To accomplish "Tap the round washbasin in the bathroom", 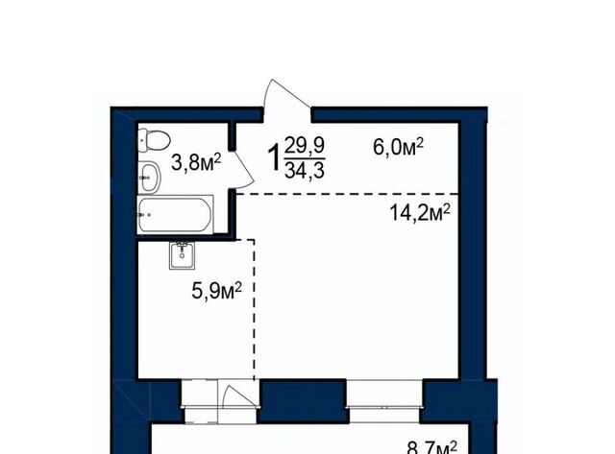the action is (150, 178).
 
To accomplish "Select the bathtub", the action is (175, 214).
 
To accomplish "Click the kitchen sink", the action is (182, 255).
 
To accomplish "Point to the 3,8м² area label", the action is (196, 162).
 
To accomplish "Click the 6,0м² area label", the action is (398, 148).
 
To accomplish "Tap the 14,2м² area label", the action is (420, 213).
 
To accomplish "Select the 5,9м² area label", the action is (216, 290).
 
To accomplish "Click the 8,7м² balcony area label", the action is (431, 447).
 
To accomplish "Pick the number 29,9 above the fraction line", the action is (305, 146).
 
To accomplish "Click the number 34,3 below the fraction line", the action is (305, 171).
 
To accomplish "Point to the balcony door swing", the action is (238, 396).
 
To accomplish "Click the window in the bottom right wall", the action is (384, 400).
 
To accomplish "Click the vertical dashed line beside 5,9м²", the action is (254, 309).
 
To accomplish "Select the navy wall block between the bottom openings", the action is (304, 400).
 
